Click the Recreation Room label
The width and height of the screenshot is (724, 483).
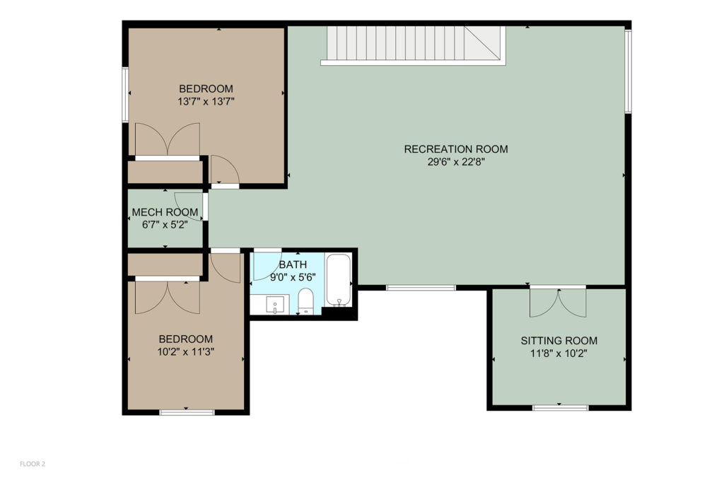tap(456, 149)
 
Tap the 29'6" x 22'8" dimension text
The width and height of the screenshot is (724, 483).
tap(456, 162)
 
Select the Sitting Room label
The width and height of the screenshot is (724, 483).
tap(559, 341)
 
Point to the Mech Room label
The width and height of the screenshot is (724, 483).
tap(165, 212)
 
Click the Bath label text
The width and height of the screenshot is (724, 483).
tap(293, 264)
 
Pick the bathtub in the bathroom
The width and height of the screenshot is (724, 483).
tap(339, 280)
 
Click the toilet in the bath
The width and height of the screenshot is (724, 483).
tap(305, 301)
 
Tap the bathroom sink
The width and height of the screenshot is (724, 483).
tap(275, 305)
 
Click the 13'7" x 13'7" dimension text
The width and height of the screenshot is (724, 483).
tap(206, 102)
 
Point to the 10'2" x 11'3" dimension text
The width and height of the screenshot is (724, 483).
tap(186, 352)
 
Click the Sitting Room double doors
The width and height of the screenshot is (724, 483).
tap(558, 303)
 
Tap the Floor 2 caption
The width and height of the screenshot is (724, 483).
tap(33, 464)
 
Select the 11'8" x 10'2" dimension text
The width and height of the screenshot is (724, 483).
tap(559, 354)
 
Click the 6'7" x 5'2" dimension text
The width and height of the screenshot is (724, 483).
tap(165, 226)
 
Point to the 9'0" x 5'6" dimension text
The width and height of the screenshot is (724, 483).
tap(293, 277)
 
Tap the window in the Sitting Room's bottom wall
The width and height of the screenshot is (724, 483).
tap(561, 408)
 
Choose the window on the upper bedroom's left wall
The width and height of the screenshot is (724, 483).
tap(124, 95)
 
